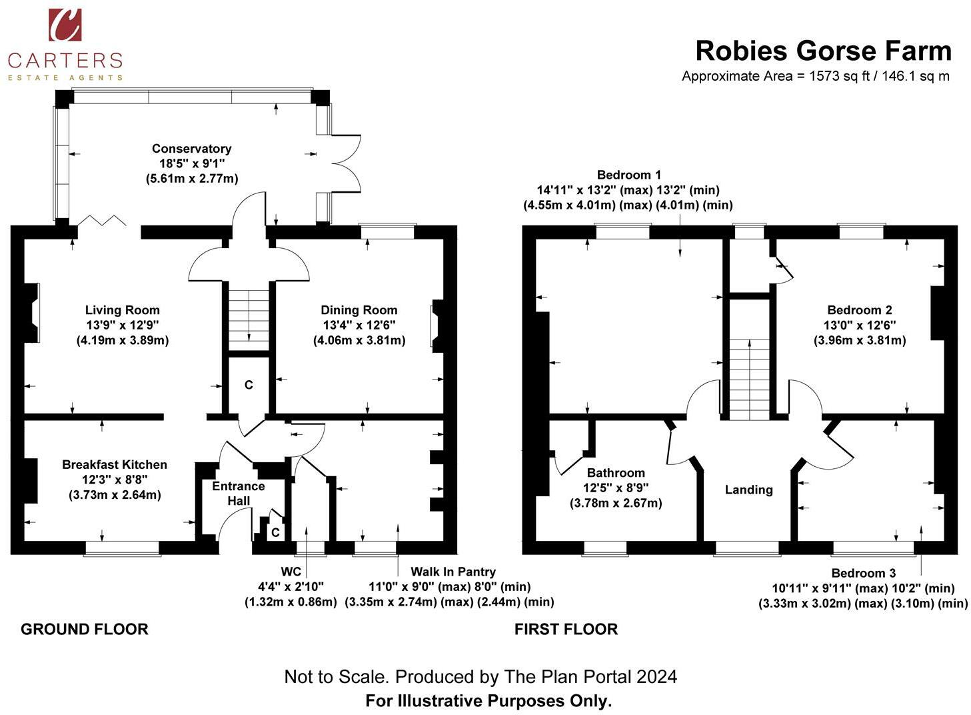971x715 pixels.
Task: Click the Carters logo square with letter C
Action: [65, 25]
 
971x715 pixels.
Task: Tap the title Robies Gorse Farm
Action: [823, 51]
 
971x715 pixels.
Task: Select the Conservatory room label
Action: [191, 149]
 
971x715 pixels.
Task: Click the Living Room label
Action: [122, 310]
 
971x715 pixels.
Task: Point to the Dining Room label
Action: [359, 310]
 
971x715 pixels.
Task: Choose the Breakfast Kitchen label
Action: [115, 465]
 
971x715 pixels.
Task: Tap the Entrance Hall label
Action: [239, 494]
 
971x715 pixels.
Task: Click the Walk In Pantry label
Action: [453, 572]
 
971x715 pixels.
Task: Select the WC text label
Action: [291, 572]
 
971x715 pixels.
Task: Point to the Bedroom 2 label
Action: [859, 310]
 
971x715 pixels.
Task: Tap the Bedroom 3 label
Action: [863, 573]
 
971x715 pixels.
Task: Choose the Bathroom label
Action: [615, 473]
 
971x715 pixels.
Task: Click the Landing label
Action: [748, 490]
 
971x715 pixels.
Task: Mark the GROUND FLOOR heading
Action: [85, 629]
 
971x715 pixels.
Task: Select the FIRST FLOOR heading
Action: [566, 629]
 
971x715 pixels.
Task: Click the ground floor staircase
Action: [249, 316]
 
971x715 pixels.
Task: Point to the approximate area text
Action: [815, 76]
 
